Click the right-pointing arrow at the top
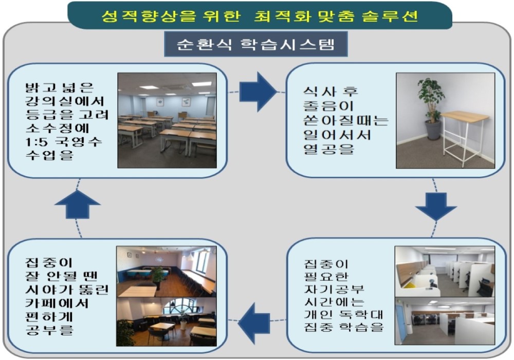click(x=258, y=92)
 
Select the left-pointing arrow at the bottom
click(x=254, y=323)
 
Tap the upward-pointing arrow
click(x=78, y=204)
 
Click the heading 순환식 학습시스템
click(x=255, y=44)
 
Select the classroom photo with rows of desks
click(x=167, y=120)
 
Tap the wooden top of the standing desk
click(x=465, y=115)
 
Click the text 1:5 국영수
click(x=64, y=141)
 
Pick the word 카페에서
click(x=57, y=303)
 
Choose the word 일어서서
click(x=337, y=135)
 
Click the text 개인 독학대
click(x=343, y=314)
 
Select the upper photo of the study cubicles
click(x=445, y=272)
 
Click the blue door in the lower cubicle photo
click(x=400, y=325)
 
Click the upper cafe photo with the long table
click(x=167, y=272)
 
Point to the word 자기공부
click(x=334, y=289)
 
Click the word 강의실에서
click(x=65, y=101)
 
